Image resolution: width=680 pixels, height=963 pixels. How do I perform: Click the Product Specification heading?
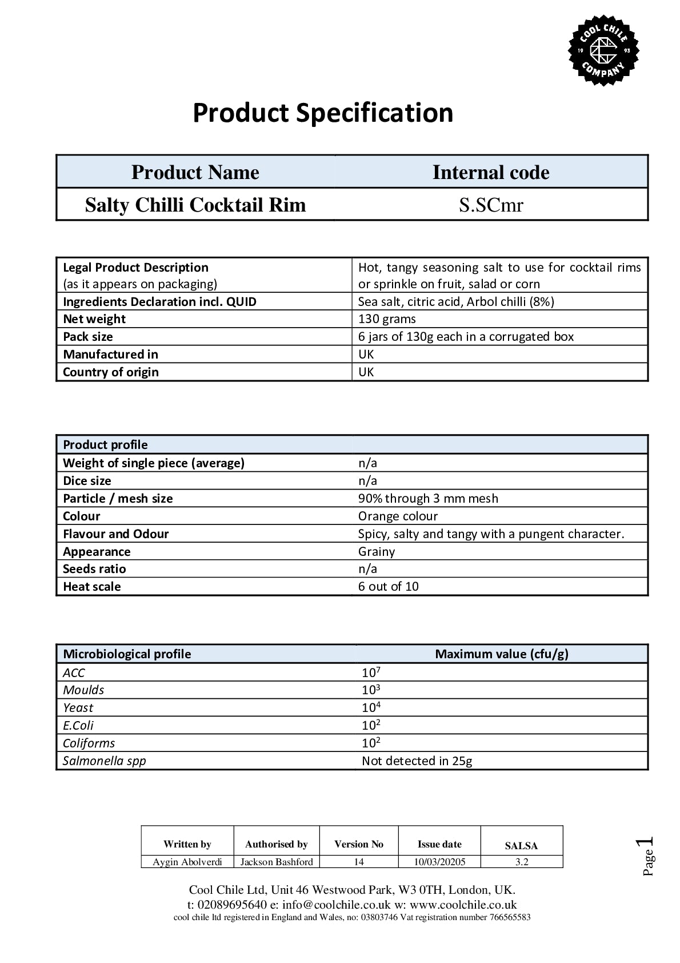point(323,113)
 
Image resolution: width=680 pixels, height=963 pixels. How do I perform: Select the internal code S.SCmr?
point(491,205)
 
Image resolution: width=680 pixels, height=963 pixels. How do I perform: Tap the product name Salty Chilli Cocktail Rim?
point(195,205)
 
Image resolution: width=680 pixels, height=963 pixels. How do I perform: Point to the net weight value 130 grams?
point(387,319)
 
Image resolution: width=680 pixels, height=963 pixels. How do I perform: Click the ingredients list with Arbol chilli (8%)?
point(456,301)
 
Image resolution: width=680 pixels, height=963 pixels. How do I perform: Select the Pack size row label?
point(88,337)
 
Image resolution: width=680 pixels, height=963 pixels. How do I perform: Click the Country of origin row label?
point(111,372)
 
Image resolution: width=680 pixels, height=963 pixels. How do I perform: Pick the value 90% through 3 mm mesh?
point(428,499)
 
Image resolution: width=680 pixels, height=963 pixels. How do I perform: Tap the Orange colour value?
point(398,516)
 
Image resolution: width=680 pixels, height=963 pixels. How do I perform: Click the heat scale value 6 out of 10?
point(388,587)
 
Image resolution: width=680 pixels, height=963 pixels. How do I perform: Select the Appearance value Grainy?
point(377,552)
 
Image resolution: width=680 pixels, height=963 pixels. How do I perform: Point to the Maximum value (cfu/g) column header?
point(502,654)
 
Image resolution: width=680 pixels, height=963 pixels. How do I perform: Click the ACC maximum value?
point(371,672)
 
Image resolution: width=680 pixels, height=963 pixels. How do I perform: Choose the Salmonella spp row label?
point(105,761)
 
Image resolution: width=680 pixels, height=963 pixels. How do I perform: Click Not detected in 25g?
point(417,761)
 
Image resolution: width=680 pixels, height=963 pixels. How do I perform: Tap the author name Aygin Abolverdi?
point(187,862)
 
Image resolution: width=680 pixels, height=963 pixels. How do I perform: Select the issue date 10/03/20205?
point(439,862)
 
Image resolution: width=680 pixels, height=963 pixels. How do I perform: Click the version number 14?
point(359,862)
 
